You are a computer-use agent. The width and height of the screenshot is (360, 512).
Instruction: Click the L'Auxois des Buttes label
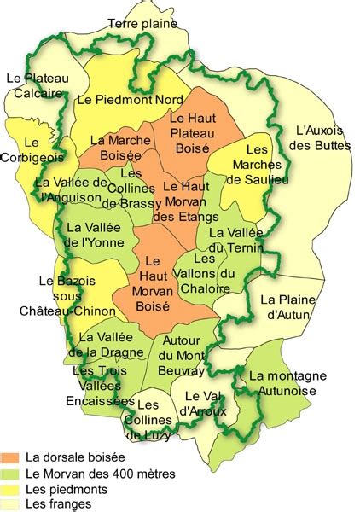(x=320, y=137)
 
